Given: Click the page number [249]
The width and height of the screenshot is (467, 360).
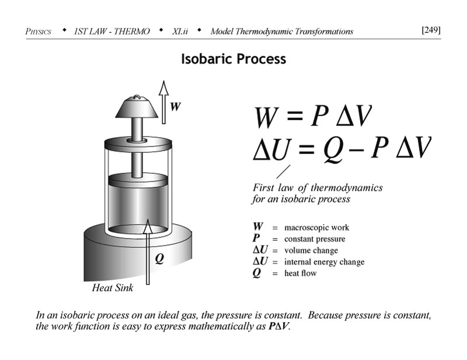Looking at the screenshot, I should (431, 30).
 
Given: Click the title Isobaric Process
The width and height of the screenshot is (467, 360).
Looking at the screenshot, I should (233, 59).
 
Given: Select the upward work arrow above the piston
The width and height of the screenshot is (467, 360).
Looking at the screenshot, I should (163, 102).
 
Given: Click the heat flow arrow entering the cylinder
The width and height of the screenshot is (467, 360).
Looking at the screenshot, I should (148, 251).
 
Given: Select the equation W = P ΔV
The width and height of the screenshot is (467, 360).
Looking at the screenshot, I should (312, 117).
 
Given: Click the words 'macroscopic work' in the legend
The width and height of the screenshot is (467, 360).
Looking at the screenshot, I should (316, 228).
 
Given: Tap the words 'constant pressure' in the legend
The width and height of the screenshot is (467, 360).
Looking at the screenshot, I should (314, 239).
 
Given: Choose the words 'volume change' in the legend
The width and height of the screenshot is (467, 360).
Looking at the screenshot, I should (311, 251).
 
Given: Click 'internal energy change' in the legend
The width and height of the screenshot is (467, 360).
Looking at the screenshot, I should (324, 262).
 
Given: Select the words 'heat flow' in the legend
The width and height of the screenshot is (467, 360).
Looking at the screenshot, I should (300, 273).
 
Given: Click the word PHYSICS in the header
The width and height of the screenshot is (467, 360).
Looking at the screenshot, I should (39, 32).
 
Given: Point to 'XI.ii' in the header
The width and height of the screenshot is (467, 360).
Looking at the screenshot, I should (181, 31).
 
